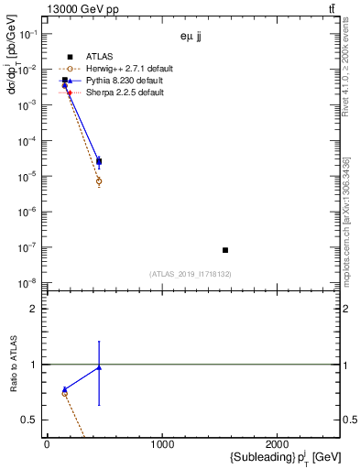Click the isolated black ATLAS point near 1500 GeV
225,250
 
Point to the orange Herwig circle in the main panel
99,181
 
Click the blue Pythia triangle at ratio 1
99,367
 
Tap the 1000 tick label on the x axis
162,445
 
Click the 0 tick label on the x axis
47,445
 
